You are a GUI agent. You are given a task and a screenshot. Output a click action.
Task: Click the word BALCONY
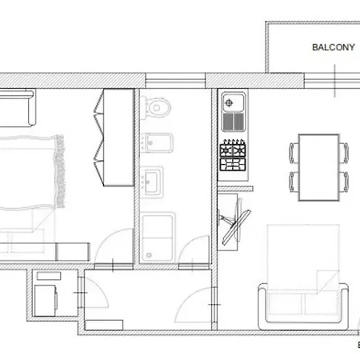(x=334, y=47)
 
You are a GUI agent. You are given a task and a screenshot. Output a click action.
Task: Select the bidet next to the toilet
(x=157, y=142)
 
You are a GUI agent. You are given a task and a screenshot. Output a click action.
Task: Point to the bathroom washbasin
(x=151, y=182)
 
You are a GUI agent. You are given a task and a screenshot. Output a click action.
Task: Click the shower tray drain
(x=149, y=255)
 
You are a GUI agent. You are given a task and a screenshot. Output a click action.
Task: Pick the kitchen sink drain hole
(x=229, y=102)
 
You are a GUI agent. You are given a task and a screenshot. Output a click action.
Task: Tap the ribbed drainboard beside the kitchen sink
(x=234, y=122)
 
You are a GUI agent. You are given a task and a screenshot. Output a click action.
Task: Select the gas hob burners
(x=233, y=155)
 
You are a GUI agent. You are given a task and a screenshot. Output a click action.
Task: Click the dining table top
(x=319, y=167)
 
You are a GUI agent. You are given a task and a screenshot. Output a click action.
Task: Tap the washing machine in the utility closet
(x=46, y=301)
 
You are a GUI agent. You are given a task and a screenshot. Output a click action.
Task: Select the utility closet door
(x=94, y=293)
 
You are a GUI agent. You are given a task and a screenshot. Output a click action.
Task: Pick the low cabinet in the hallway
(x=104, y=325)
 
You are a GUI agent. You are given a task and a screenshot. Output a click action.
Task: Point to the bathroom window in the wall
(x=175, y=81)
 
